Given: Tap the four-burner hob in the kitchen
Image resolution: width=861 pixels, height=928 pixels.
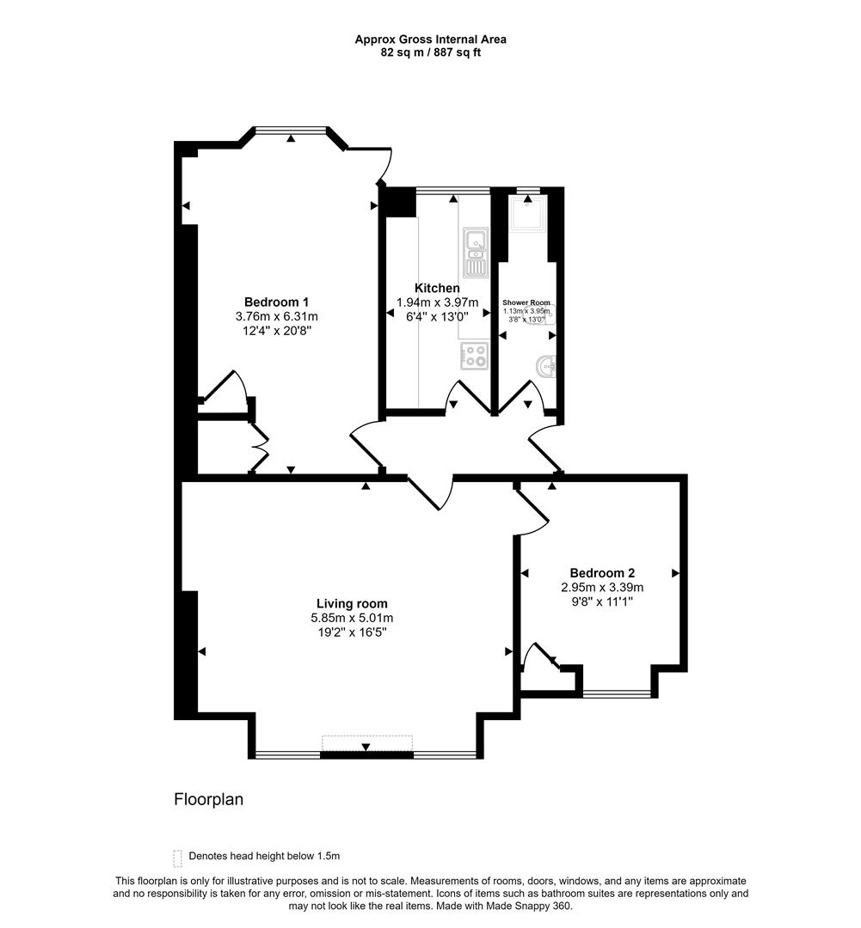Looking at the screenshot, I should [x=475, y=355].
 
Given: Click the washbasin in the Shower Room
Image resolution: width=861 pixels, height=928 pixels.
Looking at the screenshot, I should [x=545, y=367].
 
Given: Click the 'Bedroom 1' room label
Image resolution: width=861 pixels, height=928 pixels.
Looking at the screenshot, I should [x=276, y=302].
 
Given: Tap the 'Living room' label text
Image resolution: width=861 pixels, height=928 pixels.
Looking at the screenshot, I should [x=352, y=603].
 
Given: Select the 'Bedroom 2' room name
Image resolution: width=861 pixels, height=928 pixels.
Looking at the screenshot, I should [x=602, y=573].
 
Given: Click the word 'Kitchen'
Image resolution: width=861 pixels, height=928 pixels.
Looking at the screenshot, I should [x=437, y=288].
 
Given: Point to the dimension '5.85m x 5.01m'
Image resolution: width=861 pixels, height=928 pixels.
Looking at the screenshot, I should [x=352, y=618].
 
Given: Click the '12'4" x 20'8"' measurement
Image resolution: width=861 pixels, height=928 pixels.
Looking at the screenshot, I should [x=276, y=331].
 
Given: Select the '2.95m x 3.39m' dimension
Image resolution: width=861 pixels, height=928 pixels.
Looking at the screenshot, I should [x=602, y=588].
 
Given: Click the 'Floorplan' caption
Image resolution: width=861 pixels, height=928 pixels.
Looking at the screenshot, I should [x=209, y=799].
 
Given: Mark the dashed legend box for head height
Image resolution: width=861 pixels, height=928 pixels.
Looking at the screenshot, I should [x=178, y=857].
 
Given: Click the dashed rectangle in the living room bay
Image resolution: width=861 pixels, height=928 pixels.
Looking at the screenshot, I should [x=367, y=742].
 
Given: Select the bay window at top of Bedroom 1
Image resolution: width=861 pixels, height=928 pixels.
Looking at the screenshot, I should [x=292, y=131].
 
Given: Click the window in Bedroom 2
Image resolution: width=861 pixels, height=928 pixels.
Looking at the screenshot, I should [x=617, y=693].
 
